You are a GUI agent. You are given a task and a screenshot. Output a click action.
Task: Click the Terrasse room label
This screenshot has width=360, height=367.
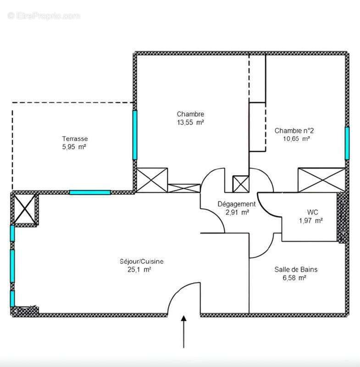75,139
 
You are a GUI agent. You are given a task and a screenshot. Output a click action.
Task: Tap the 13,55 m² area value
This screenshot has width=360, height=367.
190,122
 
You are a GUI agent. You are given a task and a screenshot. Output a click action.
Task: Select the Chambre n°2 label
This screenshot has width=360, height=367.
294,130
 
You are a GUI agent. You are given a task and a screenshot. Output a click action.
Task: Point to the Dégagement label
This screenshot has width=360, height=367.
237,204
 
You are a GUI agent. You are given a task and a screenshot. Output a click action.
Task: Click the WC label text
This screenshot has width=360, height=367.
312,212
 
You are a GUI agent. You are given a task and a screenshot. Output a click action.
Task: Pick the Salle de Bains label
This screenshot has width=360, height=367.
296,269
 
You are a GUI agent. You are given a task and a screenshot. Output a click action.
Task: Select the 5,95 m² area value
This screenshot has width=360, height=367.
75,147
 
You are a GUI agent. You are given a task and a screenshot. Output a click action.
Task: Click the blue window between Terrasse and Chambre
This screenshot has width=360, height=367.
135,134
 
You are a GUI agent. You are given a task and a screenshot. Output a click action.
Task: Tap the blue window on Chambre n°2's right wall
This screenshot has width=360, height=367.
347,143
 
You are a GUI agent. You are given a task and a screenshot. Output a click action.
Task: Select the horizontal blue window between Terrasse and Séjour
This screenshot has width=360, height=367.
90,192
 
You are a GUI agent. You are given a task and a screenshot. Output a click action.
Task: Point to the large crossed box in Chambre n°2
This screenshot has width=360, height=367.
321,179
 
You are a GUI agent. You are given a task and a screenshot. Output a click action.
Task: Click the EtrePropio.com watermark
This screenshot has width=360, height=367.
44,16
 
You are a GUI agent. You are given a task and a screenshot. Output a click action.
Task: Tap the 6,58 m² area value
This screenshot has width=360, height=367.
296,278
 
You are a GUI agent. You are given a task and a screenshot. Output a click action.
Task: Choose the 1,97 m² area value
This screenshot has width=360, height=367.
311,221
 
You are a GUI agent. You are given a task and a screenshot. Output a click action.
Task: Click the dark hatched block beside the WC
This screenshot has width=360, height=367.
342,217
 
